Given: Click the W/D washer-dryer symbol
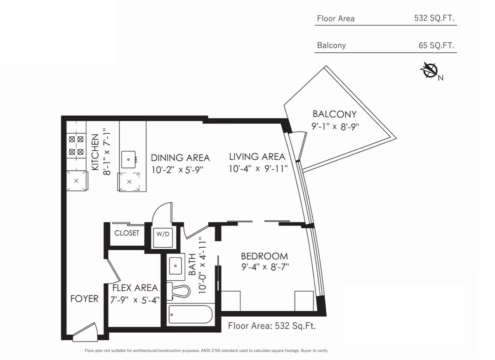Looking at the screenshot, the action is [163, 237].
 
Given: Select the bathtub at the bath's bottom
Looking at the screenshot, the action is [191, 314].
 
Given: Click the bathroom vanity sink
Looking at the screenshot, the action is [175, 265].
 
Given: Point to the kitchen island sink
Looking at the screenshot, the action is [128, 159].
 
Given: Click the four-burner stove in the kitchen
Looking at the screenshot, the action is [76, 145].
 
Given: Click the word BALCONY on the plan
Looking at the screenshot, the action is [335, 114].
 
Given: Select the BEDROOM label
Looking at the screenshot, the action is [264, 256].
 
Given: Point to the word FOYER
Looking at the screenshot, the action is [84, 299].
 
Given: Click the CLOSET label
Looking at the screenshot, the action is [127, 233].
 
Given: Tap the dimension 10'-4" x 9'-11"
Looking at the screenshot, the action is [258, 169].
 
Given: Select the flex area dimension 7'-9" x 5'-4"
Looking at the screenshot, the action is [135, 300].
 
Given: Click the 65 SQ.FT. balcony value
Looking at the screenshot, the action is [436, 45].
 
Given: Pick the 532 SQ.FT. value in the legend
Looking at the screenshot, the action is [434, 18].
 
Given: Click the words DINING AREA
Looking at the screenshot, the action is [180, 158].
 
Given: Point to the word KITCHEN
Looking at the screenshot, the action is [95, 152].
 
